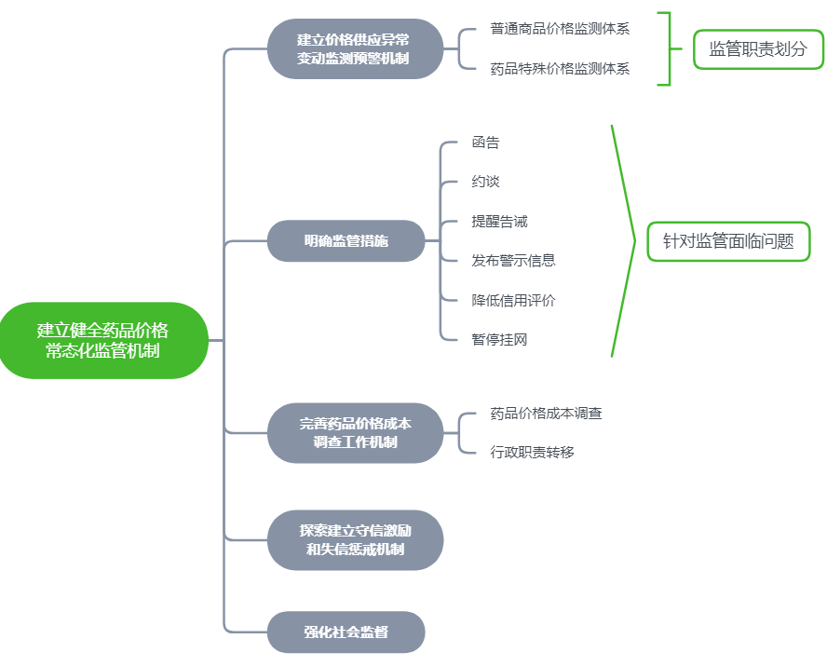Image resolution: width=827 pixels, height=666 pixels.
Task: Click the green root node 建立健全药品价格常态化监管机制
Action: pos(102,340)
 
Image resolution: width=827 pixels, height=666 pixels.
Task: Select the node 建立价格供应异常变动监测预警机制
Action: pos(353,49)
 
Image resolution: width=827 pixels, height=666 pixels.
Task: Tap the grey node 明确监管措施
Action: pos(346,241)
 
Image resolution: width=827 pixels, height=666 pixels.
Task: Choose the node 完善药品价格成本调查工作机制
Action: pos(355,433)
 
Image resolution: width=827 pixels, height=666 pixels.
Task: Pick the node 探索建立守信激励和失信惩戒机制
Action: pos(355,540)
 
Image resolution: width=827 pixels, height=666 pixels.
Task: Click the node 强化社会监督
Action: pos(346,632)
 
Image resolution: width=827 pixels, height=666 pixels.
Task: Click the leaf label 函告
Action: pos(485,143)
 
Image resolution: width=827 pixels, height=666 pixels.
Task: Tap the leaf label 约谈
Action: pos(485,182)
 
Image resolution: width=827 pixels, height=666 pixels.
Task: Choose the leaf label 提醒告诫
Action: pos(499,222)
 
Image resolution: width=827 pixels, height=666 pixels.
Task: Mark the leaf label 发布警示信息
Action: pos(513,261)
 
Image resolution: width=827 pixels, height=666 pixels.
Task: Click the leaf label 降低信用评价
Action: pos(513,300)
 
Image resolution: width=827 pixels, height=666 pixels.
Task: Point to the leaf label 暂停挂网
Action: pos(499,340)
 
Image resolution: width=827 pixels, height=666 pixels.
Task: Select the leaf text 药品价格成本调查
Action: pos(546,413)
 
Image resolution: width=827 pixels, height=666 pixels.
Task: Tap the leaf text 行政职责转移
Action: pos(532,453)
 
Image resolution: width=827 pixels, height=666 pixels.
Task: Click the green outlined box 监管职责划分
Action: pos(758,49)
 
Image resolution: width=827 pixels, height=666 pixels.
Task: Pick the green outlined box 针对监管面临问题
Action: pos(728,241)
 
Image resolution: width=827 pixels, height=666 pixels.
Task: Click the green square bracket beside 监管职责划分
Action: pos(667,49)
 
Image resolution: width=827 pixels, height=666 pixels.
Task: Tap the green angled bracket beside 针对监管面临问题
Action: pos(625,240)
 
